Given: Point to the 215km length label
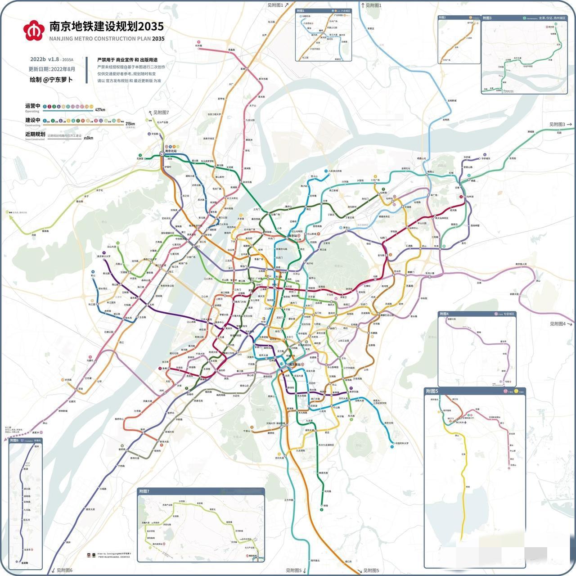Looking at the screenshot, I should click(x=130, y=124).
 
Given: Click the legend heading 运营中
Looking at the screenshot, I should click(x=32, y=106).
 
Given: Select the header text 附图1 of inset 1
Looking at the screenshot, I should click(x=301, y=10).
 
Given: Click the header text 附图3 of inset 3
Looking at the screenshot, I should click(x=487, y=18).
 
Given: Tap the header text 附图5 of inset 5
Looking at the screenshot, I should click(x=432, y=391).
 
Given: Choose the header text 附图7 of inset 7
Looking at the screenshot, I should click(x=144, y=491).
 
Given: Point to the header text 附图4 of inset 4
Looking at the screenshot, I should click(x=444, y=314).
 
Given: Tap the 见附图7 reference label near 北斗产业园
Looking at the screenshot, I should click(x=160, y=112).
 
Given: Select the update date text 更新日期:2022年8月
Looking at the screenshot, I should click(x=52, y=69).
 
